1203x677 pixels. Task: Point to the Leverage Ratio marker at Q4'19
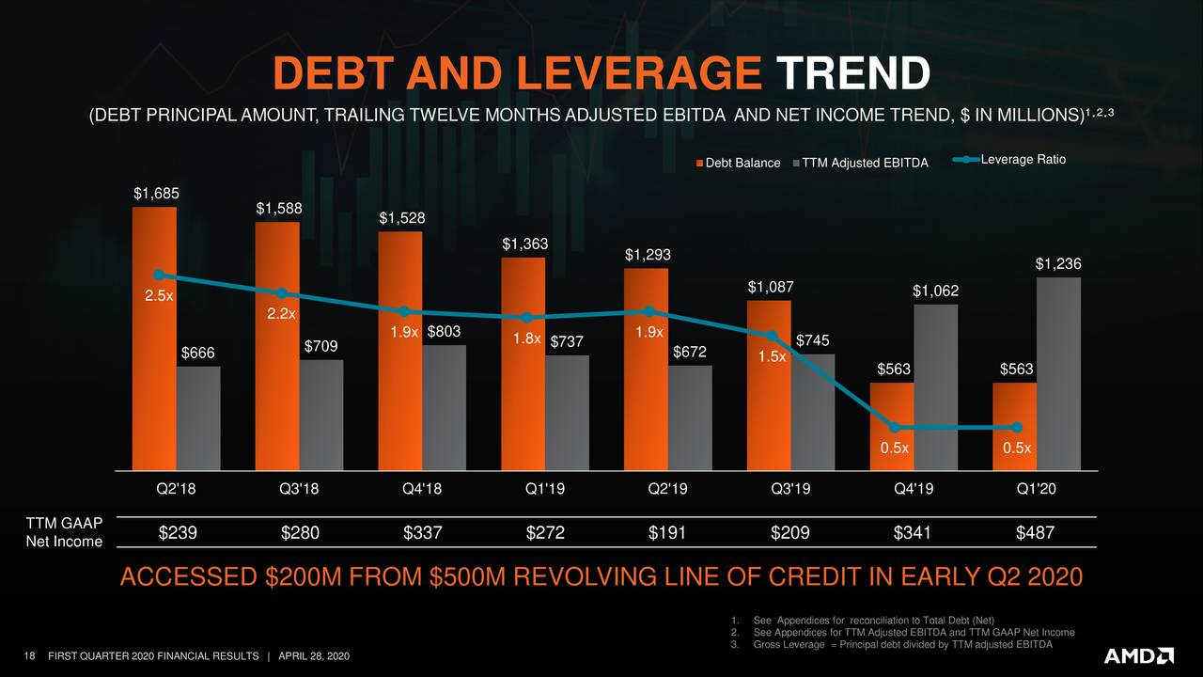(x=895, y=428)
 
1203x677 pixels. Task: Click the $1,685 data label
(x=155, y=194)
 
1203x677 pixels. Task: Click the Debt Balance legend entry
(x=738, y=163)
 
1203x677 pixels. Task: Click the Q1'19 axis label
(x=545, y=489)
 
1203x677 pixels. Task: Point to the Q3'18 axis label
(x=299, y=489)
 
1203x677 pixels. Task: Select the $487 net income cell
(x=1035, y=533)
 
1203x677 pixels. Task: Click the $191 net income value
(x=667, y=533)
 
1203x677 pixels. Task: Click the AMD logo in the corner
(x=1138, y=654)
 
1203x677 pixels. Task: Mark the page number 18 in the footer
(x=28, y=655)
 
